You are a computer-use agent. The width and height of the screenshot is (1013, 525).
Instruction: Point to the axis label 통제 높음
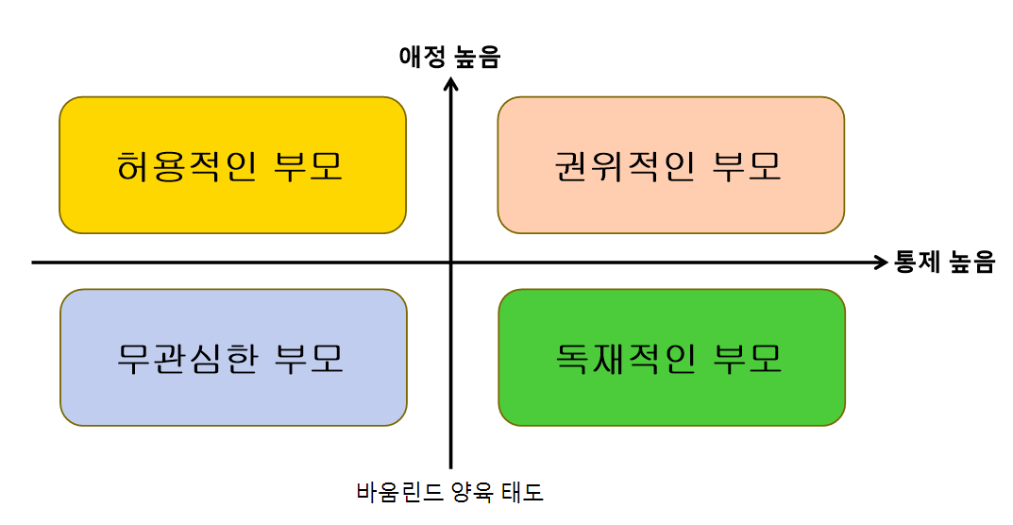click(944, 262)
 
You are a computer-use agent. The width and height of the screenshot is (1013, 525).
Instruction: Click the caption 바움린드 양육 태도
click(450, 492)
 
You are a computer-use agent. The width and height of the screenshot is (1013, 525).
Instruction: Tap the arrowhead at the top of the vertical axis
click(451, 83)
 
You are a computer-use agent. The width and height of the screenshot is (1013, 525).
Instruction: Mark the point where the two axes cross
click(451, 262)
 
